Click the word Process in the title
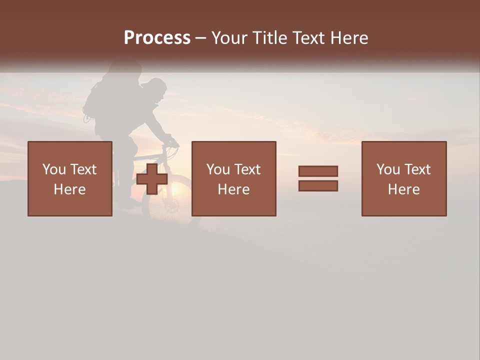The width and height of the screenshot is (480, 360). click(157, 38)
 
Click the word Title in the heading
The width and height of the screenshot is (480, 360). click(270, 38)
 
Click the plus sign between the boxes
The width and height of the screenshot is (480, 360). click(152, 179)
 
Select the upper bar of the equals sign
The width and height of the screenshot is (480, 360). click(318, 171)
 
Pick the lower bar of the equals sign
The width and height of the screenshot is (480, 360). click(318, 186)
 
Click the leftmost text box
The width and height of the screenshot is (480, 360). click(70, 178)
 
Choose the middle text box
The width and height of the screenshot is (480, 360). click(234, 178)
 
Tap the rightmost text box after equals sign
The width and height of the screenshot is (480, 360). click(404, 178)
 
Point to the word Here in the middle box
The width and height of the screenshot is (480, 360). click(234, 189)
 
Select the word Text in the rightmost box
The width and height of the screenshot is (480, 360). click(418, 169)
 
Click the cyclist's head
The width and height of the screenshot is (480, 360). click(156, 89)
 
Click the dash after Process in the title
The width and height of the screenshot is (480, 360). click(200, 38)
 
